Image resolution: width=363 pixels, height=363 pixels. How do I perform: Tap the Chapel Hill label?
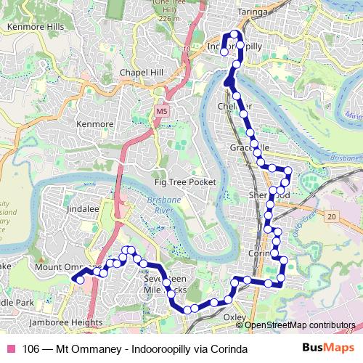point(140,73)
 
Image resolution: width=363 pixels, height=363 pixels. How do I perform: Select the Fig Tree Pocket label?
point(185,182)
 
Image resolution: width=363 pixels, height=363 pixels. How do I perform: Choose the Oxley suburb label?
point(234,317)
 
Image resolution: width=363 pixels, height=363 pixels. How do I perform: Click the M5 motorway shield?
point(161,111)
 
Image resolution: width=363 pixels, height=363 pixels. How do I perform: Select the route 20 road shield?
point(332,217)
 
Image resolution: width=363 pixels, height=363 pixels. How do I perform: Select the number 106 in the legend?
point(31,349)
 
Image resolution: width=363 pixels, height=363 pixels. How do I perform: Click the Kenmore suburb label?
point(95,124)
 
